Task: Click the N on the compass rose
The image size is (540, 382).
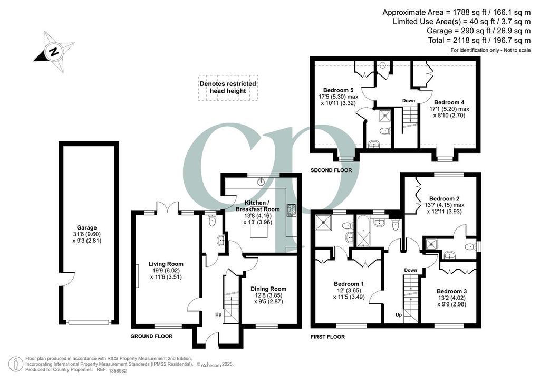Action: click(x=53, y=52)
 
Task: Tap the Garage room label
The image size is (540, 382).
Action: click(x=87, y=228)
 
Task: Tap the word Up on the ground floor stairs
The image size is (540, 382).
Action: click(x=218, y=314)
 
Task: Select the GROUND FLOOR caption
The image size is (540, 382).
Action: click(x=151, y=336)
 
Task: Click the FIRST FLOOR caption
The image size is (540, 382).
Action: click(x=327, y=337)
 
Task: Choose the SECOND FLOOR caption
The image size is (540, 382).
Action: click(x=331, y=170)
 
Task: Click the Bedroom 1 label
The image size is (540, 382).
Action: click(x=349, y=284)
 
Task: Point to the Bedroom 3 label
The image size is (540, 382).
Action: click(x=452, y=291)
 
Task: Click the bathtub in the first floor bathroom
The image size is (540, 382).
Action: click(x=363, y=231)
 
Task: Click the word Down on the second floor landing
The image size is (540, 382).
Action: click(x=409, y=101)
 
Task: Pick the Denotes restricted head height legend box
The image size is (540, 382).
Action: click(x=228, y=88)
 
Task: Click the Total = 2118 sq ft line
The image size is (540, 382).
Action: click(x=479, y=40)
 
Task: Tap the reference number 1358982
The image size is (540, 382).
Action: click(x=118, y=371)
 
